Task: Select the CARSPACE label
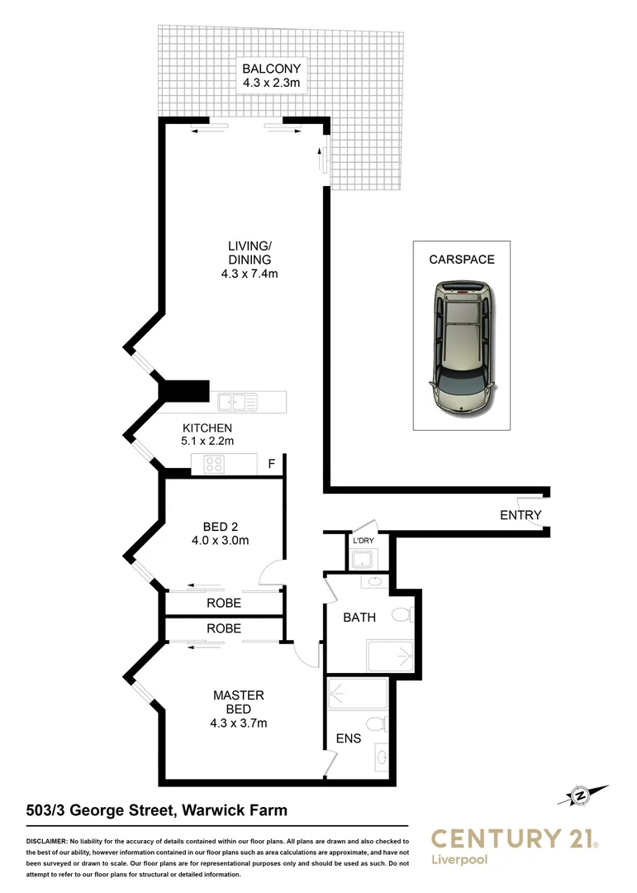click(461, 260)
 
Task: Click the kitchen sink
click(237, 403)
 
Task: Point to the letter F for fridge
click(271, 465)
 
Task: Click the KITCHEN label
click(207, 428)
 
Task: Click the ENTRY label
click(521, 515)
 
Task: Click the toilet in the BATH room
click(402, 615)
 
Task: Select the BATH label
click(359, 617)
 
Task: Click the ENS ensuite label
click(348, 738)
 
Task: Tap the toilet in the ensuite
click(378, 724)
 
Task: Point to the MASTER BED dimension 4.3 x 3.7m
click(238, 723)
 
